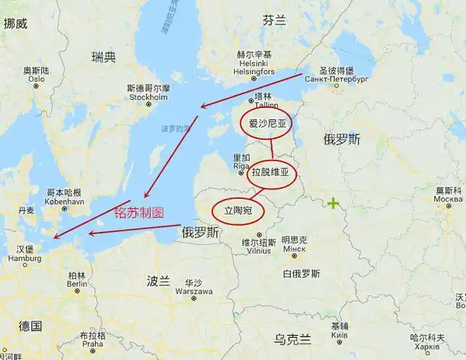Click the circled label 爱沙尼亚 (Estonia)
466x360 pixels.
267,124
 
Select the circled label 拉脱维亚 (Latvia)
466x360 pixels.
272,173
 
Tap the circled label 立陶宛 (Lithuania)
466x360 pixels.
238,211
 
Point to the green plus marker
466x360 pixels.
333,204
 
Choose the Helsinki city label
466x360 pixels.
254,63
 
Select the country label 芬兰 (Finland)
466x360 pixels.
274,20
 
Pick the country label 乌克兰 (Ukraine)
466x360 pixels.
292,339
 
